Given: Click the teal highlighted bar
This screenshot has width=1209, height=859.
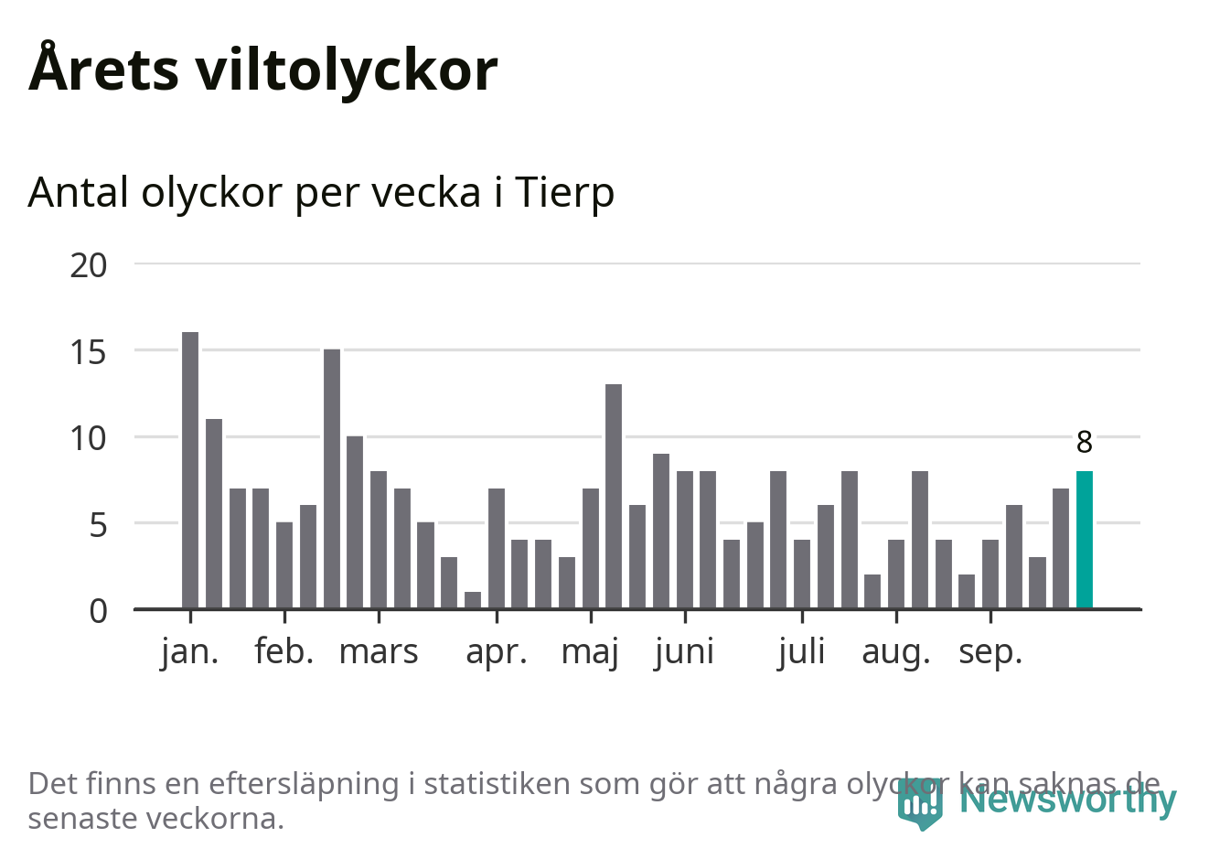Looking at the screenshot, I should [x=1084, y=540].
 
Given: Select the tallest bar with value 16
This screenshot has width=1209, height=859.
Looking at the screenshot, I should [x=190, y=470].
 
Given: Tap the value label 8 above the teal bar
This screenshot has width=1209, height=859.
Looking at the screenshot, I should [x=1084, y=443].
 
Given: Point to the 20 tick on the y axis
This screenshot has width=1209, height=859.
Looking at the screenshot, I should [x=89, y=265].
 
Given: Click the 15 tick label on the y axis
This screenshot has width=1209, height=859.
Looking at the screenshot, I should [x=89, y=352].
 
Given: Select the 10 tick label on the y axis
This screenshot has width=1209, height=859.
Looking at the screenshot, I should [x=89, y=438].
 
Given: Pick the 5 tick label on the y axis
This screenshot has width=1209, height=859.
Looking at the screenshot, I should [x=97, y=525].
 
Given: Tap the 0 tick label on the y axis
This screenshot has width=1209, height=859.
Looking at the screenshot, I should [x=98, y=611].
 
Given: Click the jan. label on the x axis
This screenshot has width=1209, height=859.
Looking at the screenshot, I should [x=190, y=652].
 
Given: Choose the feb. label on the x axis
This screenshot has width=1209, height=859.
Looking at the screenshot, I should [x=284, y=652].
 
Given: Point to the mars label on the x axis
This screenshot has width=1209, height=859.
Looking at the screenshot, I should [x=379, y=652].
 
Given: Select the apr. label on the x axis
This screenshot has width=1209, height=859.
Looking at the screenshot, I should [x=497, y=652].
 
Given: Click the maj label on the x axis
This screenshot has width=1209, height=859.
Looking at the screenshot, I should [x=590, y=652].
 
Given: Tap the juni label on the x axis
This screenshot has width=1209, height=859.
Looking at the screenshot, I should [x=684, y=652].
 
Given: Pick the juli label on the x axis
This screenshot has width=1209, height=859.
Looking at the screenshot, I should [x=801, y=652].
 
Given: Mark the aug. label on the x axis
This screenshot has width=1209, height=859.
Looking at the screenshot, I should [x=895, y=652].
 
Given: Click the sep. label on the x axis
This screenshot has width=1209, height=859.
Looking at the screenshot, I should [x=990, y=652].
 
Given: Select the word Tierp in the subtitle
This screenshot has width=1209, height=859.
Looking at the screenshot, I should [x=564, y=192].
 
